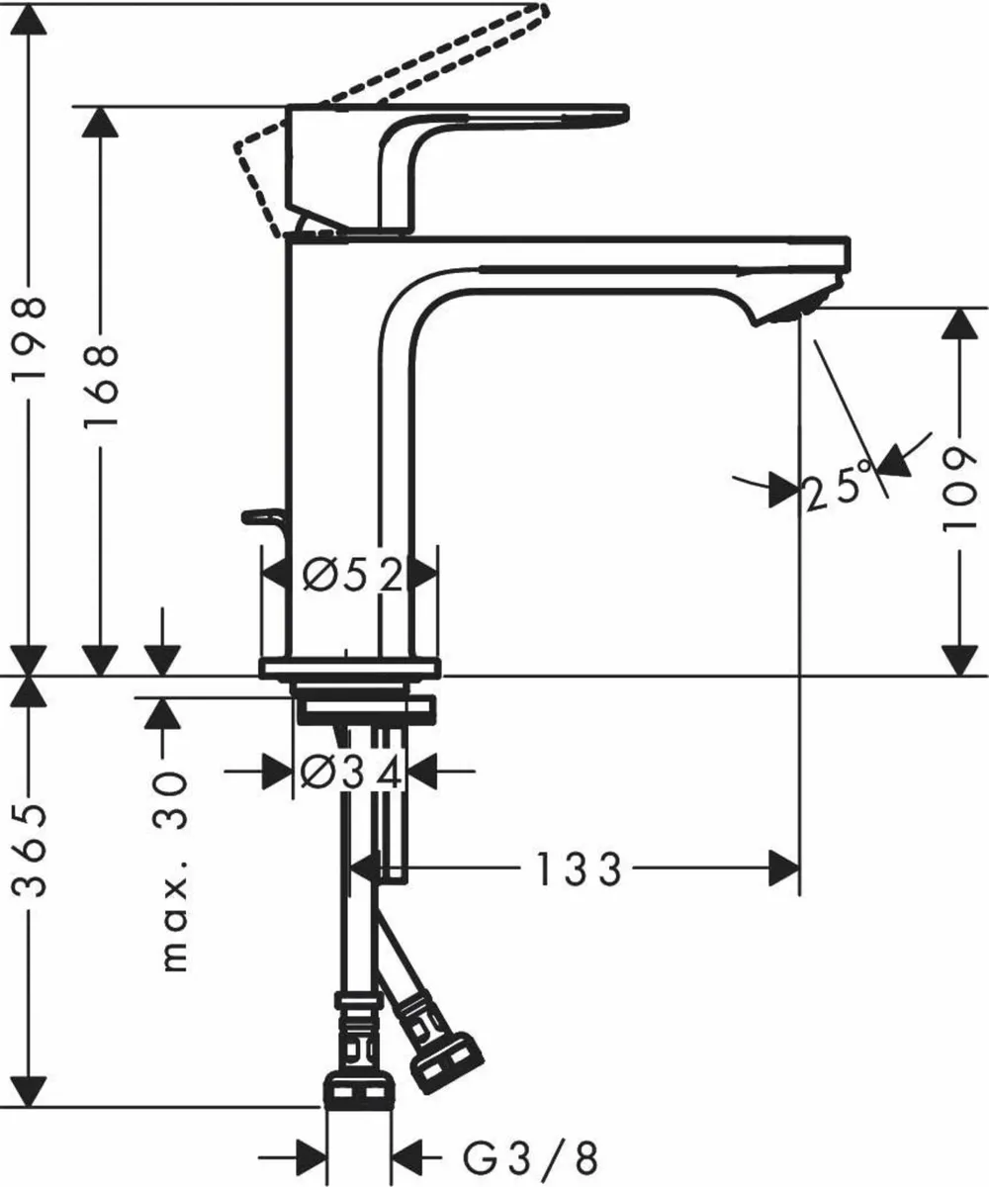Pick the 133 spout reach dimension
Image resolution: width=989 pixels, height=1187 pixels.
point(579,870)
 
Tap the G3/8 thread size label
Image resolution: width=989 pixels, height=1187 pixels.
point(530,1155)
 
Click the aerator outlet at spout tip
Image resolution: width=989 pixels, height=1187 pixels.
point(791,311)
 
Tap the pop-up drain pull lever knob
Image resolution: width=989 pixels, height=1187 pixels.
point(259,516)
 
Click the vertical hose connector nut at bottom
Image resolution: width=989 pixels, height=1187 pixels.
point(358,1093)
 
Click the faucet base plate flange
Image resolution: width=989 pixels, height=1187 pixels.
point(348,669)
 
